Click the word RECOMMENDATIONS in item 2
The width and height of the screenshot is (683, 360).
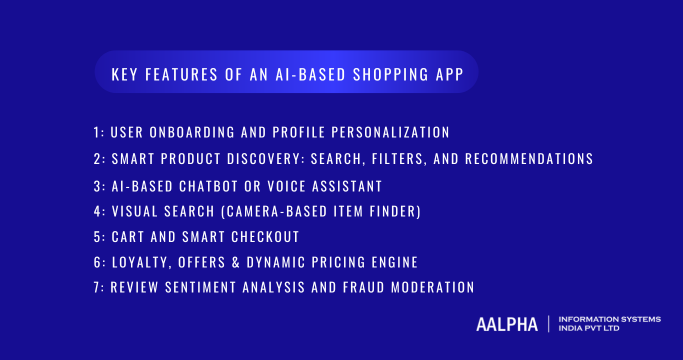coord(529,159)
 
